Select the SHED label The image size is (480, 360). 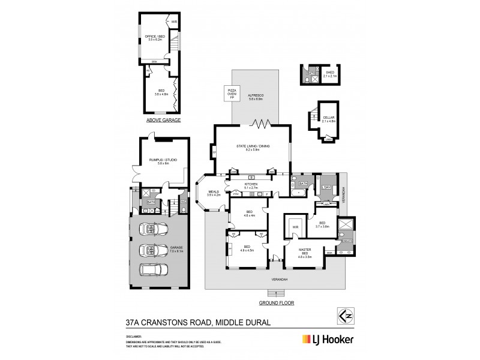[x=330, y=75]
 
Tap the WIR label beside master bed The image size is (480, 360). [x=295, y=227]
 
